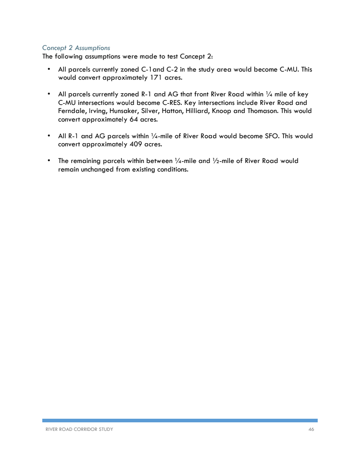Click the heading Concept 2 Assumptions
pos(76,48)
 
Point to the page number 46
pos(311,430)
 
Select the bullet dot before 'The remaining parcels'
pos(48,160)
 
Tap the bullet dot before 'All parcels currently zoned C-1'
pos(48,69)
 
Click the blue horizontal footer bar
pos(180,420)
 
